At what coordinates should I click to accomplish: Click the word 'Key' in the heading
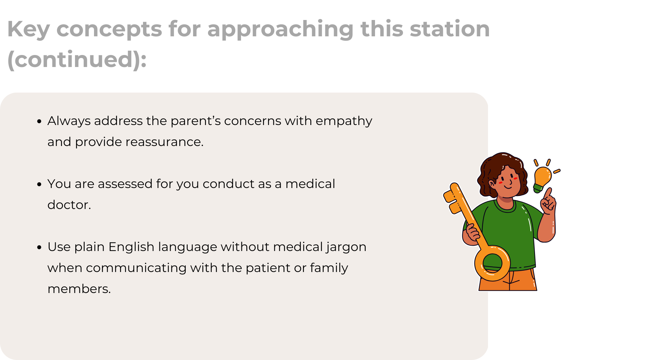28,29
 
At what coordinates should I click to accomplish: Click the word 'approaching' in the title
280,29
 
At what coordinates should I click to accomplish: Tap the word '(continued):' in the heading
77,60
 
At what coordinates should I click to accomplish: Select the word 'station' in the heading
450,29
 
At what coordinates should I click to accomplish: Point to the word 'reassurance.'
165,142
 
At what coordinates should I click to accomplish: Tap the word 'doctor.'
69,205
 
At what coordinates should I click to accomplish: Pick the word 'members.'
79,289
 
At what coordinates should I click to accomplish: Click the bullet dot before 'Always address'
39,121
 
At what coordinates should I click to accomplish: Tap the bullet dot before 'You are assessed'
39,184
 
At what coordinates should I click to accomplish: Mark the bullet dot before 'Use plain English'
39,247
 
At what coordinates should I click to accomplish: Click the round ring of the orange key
477,263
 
